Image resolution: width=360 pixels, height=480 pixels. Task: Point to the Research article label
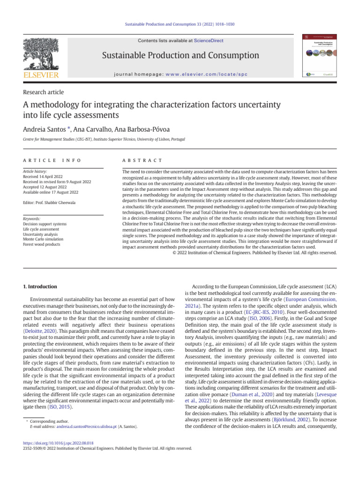(43, 92)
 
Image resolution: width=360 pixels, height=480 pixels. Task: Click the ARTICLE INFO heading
(52, 160)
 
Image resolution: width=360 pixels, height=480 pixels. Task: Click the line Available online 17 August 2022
(50, 192)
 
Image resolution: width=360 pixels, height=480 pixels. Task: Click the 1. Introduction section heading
(40, 286)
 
